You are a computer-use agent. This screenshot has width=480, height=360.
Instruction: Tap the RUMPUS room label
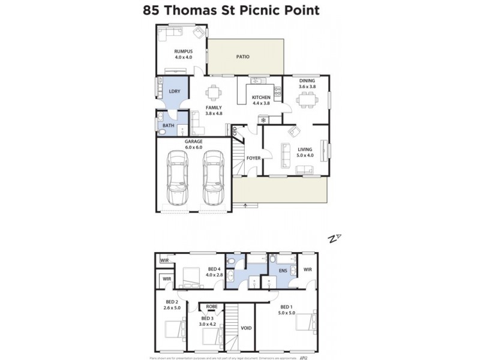tap(183, 52)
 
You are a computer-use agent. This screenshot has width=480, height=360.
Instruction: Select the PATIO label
tap(242, 57)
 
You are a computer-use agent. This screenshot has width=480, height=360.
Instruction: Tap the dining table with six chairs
tap(307, 100)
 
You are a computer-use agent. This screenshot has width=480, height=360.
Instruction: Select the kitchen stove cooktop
tap(277, 92)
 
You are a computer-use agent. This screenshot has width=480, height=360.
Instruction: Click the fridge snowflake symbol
tap(262, 121)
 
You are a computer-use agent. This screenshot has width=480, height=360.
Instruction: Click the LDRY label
tap(174, 92)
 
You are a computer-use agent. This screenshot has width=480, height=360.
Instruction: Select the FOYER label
tap(253, 158)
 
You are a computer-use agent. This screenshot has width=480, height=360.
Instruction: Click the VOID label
tap(246, 329)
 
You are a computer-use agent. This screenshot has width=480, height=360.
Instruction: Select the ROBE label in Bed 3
tap(211, 307)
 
